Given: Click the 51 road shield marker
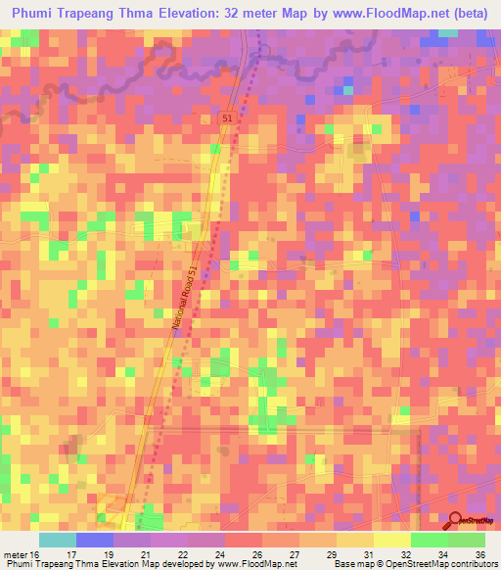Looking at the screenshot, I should click(x=227, y=118).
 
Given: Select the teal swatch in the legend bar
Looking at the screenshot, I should click(x=58, y=541).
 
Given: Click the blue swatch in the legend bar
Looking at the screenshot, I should click(x=95, y=541).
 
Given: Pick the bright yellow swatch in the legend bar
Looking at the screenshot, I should click(x=391, y=541).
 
